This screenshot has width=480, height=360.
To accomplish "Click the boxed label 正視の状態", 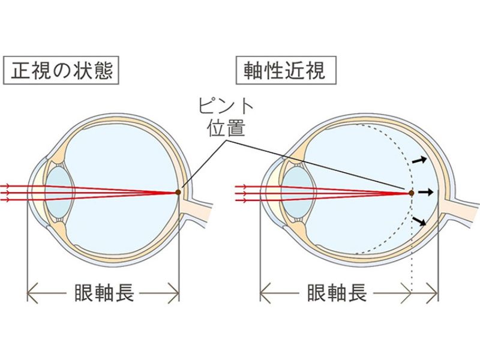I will click(x=59, y=71).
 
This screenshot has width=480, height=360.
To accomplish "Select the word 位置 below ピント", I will click(x=226, y=127).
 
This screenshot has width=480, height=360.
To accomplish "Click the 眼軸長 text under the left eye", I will click(x=103, y=293).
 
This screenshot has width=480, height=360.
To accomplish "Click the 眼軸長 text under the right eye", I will click(x=336, y=293).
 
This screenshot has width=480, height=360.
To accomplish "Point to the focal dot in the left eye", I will click(x=178, y=193).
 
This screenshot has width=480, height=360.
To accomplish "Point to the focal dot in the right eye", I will click(x=411, y=193).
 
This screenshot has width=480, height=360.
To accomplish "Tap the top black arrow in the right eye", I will click(x=421, y=160).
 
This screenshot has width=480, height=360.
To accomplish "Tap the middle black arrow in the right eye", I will click(x=425, y=192).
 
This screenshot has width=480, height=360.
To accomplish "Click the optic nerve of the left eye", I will click(x=201, y=210).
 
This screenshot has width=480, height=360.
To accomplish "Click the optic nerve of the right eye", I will click(x=462, y=207).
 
